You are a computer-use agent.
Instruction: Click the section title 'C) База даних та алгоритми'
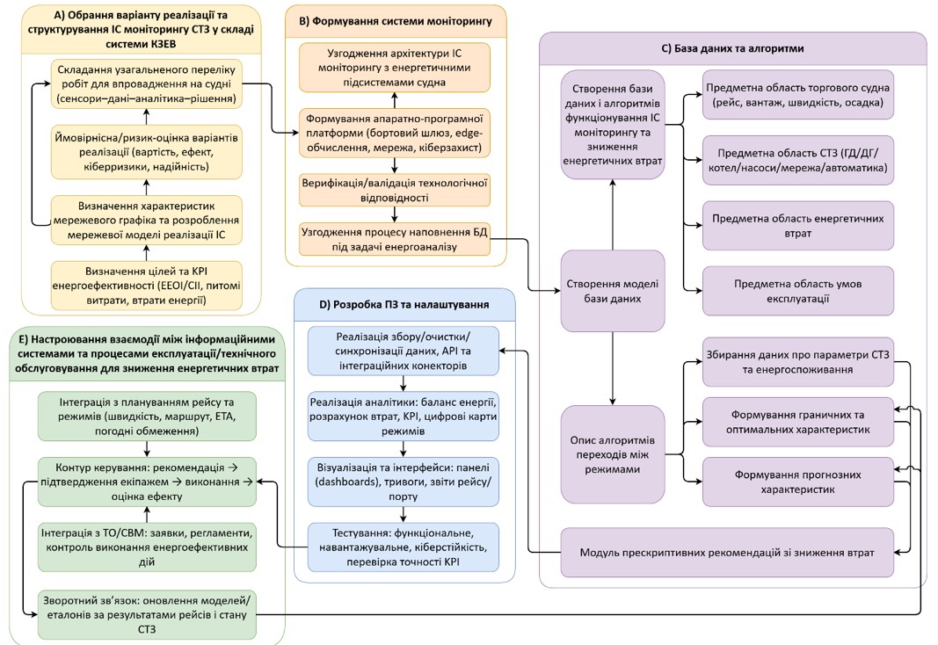732,47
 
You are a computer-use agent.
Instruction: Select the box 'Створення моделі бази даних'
613,290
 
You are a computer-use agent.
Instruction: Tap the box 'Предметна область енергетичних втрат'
798,226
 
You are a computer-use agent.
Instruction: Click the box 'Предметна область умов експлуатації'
798,292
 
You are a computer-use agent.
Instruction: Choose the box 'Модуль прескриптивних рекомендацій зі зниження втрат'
726,553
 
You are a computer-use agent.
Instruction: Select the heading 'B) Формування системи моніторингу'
396,19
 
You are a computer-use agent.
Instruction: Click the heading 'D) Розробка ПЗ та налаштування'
404,304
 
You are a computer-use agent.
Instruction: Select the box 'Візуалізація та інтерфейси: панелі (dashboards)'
404,476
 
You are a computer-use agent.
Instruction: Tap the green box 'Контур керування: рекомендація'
148,482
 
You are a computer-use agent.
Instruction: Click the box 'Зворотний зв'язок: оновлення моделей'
148,612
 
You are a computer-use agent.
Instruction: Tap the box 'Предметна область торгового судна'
798,97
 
